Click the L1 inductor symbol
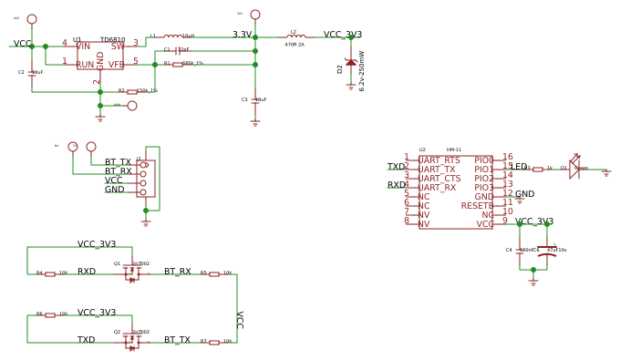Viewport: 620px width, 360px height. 172,37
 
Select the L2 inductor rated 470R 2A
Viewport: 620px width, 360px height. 294,37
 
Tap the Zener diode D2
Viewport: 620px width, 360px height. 351,63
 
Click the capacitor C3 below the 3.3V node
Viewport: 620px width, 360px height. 255,100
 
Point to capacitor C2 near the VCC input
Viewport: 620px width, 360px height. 32,73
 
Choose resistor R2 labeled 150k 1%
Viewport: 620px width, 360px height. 132,92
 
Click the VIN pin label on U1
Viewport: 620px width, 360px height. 83,46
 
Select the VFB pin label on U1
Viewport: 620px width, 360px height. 117,65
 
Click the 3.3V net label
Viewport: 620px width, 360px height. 242,35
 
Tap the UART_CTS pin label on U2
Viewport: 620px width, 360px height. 439,179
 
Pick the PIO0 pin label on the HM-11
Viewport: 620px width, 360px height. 483,160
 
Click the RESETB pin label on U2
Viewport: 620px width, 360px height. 477,206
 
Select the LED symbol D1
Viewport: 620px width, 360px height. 574,169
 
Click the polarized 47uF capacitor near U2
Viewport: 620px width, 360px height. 547,256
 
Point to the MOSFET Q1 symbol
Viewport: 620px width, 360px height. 132,273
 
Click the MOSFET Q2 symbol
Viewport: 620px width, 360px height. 132,342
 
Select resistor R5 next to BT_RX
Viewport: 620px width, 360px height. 214,273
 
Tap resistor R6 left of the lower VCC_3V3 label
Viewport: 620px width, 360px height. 50,314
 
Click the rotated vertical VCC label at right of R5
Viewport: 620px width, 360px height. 240,319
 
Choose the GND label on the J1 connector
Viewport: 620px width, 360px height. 114,190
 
